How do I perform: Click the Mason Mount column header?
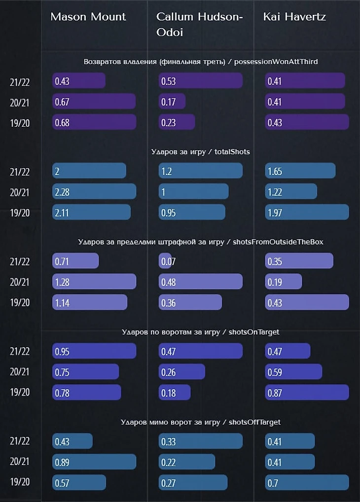pos(88,17)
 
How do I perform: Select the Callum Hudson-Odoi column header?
pos(200,24)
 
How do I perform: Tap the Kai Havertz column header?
pos(294,17)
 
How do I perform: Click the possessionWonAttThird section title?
pos(201,62)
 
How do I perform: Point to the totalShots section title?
pos(200,151)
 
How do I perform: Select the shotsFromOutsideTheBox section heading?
pos(201,242)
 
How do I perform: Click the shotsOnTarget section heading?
pos(200,332)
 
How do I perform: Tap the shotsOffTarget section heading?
pos(201,422)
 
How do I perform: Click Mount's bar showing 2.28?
pos(94,191)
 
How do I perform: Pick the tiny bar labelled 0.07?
pos(165,261)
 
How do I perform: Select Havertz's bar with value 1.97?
pos(307,212)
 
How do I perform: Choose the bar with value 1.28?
pos(94,282)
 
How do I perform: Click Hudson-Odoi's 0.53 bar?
pos(201,81)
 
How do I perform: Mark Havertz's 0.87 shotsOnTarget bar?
pos(307,392)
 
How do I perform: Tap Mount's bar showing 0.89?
pos(94,462)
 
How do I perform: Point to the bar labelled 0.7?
pos(307,482)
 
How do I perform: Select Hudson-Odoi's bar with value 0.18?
pos(175,392)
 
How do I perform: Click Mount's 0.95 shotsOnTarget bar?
pos(94,351)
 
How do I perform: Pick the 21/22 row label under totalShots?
pos(20,172)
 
